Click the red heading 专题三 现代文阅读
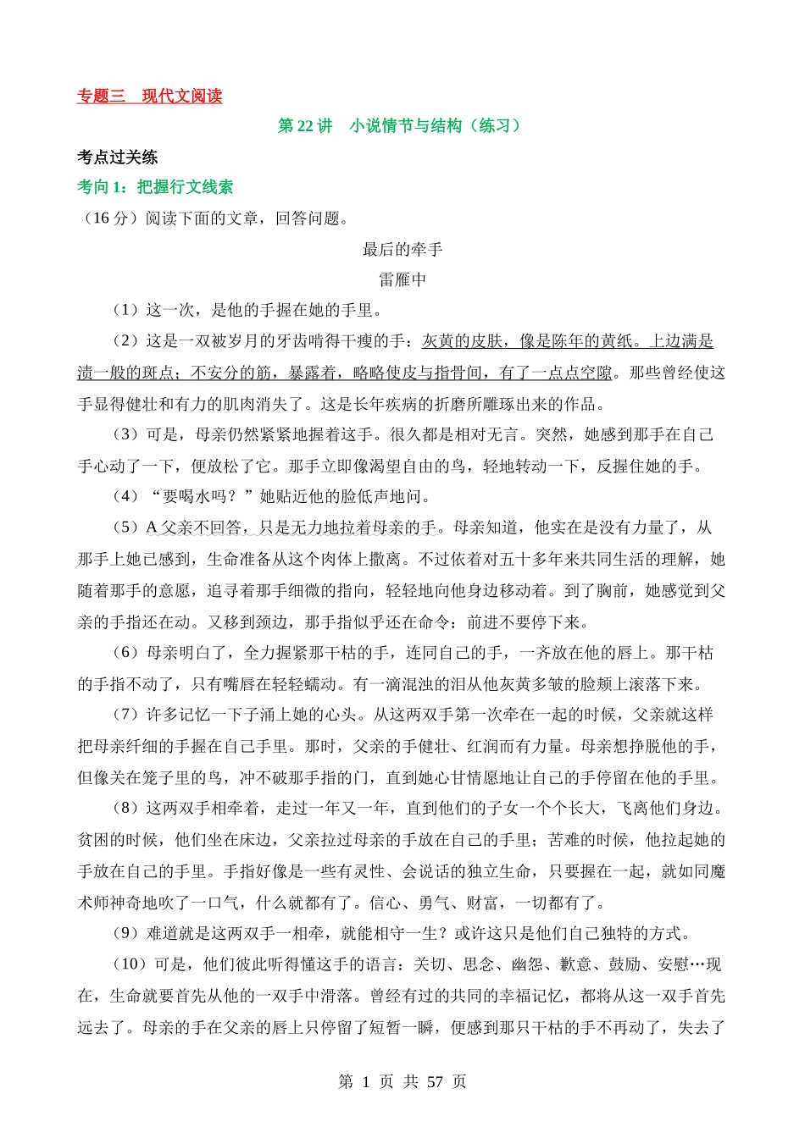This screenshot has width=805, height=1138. point(149,97)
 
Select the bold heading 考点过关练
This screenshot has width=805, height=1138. point(117,157)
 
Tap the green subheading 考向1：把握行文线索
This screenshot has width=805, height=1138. point(155,187)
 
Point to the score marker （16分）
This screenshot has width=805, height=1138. point(108,218)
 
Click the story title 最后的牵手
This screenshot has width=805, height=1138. point(402,249)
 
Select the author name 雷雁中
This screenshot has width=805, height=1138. point(402,279)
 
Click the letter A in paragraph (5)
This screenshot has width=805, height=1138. point(152,528)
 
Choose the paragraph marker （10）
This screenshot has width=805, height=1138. point(130,964)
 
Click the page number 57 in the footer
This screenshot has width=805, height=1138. point(436,1082)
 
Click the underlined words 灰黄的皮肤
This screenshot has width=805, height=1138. point(463,341)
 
